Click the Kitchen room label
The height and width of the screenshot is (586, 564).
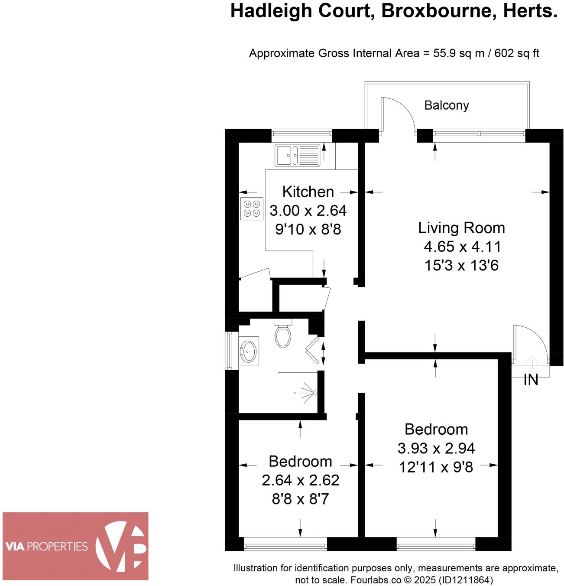coord(308,192)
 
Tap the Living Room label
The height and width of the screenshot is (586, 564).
coord(461,228)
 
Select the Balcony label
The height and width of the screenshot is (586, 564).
coord(446,105)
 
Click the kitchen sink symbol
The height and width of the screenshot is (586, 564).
coord(297,155)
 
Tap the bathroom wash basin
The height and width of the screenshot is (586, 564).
coord(248,351)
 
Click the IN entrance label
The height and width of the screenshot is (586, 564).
coord(531,380)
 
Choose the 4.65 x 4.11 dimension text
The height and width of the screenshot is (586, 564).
coord(462,247)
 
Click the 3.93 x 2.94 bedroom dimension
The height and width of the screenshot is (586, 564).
coord(436,448)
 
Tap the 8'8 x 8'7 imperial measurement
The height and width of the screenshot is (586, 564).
coord(300,499)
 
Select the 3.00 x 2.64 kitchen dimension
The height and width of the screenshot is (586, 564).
coord(308,211)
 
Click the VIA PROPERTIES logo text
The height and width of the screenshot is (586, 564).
coord(46,546)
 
